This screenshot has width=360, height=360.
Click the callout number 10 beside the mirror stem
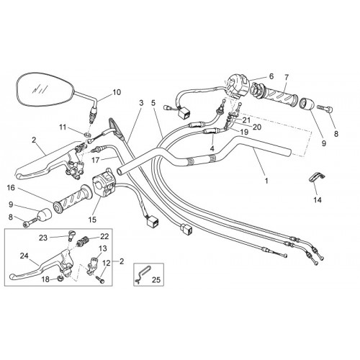(117, 92)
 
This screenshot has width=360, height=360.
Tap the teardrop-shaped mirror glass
(44, 89)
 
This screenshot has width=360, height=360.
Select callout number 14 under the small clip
(318, 199)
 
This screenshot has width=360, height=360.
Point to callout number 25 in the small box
(156, 279)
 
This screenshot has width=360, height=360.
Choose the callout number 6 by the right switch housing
(271, 76)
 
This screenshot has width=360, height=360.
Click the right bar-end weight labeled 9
(308, 104)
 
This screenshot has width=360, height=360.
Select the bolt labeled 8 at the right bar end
(325, 109)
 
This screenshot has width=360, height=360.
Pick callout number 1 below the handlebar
(266, 181)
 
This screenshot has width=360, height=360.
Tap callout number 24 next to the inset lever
(24, 256)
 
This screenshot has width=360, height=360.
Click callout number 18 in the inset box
(45, 279)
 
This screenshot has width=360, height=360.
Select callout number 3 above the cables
(141, 103)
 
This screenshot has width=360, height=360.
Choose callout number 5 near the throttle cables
(153, 103)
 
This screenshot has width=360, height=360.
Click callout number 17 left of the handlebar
(96, 160)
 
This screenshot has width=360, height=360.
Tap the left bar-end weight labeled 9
(45, 213)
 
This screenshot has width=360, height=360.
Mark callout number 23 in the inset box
(43, 238)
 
